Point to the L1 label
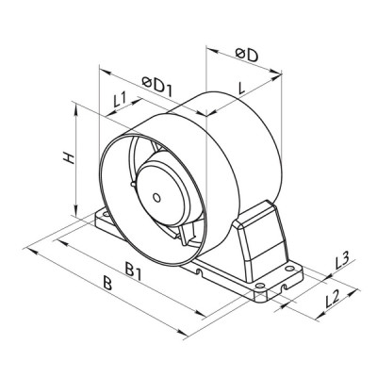(x=120, y=99)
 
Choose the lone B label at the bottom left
(x=108, y=284)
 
